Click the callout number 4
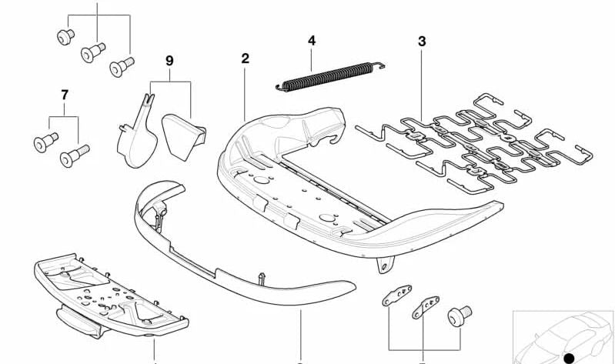(x=312, y=40)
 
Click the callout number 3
(x=422, y=42)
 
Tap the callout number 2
(x=245, y=58)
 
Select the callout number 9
(x=169, y=61)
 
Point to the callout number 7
(x=65, y=95)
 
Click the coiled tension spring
(x=330, y=76)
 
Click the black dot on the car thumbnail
(x=569, y=358)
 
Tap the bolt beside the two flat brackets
(x=460, y=316)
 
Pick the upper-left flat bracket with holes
(x=397, y=295)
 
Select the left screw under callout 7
(x=46, y=142)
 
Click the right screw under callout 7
(x=74, y=155)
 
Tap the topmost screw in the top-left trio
(x=65, y=37)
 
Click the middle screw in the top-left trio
(x=93, y=52)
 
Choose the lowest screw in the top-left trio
(x=122, y=67)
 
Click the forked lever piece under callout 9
(x=137, y=135)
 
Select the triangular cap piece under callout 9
(x=182, y=135)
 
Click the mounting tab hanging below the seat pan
(x=385, y=265)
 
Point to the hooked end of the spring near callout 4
(x=379, y=65)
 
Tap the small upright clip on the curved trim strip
(x=262, y=279)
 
